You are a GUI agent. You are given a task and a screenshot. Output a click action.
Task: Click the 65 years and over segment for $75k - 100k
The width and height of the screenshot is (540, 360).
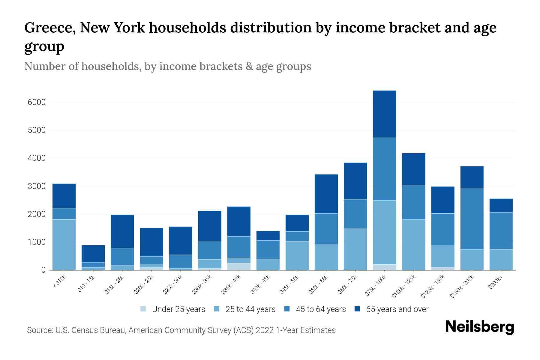click(384, 114)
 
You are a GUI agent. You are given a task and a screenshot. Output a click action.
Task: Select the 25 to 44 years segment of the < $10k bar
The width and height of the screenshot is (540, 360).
click(64, 244)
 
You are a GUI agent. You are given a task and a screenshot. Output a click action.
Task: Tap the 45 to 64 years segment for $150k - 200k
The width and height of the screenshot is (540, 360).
click(472, 219)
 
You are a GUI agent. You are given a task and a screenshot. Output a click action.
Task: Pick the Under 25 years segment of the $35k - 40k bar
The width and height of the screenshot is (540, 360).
click(239, 266)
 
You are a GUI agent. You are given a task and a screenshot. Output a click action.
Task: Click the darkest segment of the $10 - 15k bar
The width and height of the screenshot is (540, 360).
click(93, 254)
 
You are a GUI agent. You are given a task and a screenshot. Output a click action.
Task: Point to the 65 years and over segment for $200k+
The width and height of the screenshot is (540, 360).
click(501, 205)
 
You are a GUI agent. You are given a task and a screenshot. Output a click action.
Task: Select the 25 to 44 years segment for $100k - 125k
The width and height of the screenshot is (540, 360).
click(414, 244)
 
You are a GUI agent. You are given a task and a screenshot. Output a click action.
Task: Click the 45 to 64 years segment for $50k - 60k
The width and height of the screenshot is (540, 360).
click(326, 229)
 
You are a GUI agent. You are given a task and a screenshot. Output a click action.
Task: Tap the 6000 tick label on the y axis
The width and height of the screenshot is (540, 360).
click(37, 102)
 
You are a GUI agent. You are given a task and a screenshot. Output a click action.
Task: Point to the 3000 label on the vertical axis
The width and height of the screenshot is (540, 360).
click(37, 186)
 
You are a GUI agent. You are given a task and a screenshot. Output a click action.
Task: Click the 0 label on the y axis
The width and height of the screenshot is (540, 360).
click(43, 270)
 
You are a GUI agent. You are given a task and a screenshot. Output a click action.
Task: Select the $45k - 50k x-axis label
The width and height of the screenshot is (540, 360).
click(289, 285)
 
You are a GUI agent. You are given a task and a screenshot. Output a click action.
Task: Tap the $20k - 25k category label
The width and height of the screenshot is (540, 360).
click(143, 285)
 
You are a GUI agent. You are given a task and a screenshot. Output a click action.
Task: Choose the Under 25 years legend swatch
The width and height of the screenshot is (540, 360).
click(143, 309)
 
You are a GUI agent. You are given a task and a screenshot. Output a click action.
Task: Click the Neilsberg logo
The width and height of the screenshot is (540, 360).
click(479, 327)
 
